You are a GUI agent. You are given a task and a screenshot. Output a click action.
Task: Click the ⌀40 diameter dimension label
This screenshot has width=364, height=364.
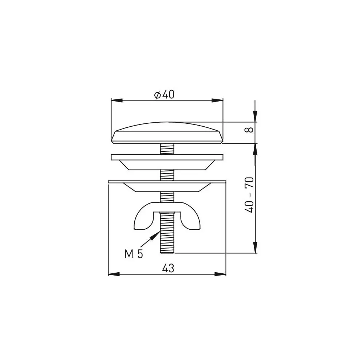click(x=164, y=95)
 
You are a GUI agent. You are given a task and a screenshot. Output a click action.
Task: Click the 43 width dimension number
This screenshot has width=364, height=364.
click(x=168, y=269)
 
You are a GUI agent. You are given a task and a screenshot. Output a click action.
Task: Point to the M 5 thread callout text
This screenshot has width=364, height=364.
click(x=134, y=254)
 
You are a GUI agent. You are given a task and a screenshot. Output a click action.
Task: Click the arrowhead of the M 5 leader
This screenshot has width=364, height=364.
click(x=157, y=234)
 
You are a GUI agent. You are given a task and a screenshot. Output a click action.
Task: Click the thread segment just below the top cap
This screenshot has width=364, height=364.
click(x=167, y=149)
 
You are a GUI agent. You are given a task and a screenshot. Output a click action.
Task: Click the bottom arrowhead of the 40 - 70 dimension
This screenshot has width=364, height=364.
click(x=255, y=248)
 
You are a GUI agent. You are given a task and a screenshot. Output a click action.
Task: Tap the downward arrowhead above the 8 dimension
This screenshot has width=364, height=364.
click(x=255, y=116)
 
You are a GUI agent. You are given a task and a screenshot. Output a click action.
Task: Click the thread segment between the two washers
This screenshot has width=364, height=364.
click(x=167, y=175)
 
